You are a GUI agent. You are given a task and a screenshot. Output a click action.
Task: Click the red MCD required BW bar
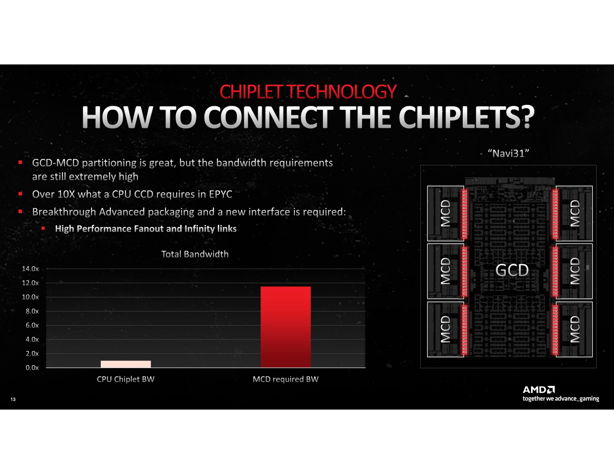point(286,327)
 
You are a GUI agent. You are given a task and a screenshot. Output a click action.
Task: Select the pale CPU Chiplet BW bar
point(126,364)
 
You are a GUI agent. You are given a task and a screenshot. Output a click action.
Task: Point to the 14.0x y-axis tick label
point(30,269)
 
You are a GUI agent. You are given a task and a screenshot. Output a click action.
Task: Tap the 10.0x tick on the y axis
point(30,297)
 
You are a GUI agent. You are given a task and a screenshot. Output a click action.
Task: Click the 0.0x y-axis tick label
point(32,368)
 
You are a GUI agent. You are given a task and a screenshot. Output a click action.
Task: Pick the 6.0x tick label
point(32,325)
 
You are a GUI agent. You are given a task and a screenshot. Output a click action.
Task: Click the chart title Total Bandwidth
point(195,254)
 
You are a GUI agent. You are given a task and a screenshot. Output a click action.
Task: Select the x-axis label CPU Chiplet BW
point(126,379)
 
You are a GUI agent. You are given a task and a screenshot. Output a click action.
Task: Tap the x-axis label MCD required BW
point(286,379)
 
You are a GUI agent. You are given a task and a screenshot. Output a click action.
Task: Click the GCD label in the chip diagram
point(512,270)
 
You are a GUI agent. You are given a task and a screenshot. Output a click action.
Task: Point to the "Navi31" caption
point(508,153)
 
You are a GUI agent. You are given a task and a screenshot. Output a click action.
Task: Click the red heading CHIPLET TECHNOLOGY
point(308,92)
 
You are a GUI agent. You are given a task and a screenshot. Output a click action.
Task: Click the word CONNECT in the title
point(268,117)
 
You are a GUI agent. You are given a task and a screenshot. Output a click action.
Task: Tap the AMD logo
point(539,390)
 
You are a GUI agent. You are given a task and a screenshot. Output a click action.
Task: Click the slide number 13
point(13,399)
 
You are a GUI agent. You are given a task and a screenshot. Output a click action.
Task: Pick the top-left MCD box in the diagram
point(445,213)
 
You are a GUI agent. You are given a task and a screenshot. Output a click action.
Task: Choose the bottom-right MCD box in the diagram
point(574,329)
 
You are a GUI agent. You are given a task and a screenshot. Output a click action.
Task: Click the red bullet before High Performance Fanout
point(43,229)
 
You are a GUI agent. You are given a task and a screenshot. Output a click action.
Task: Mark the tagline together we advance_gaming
point(561,399)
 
